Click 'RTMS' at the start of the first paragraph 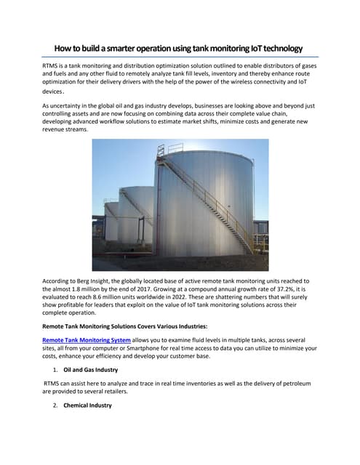click(x=52, y=66)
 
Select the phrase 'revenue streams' click(x=68, y=131)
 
